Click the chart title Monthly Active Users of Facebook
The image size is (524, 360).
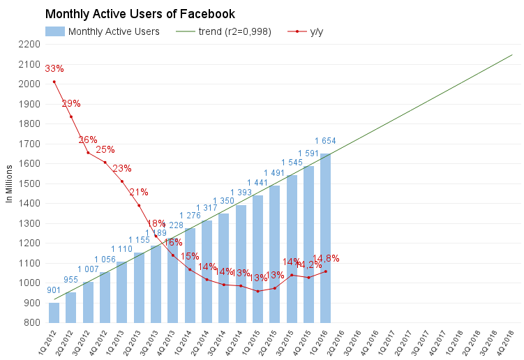(x=140, y=14)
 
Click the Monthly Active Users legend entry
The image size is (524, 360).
(x=103, y=31)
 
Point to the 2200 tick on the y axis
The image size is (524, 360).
(x=29, y=44)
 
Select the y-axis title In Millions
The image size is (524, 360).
(x=9, y=184)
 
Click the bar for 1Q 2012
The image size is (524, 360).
(x=54, y=313)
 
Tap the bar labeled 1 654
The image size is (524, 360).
(x=325, y=237)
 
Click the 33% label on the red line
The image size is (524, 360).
(x=54, y=68)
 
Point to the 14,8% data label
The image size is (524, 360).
(x=326, y=258)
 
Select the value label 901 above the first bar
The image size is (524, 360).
(x=54, y=290)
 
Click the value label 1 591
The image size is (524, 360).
(x=308, y=153)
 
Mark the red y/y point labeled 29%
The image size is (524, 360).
(x=70, y=117)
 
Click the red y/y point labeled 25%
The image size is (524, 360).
(x=105, y=163)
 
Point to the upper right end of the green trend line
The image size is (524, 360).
(x=513, y=54)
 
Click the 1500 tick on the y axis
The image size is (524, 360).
(x=29, y=183)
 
